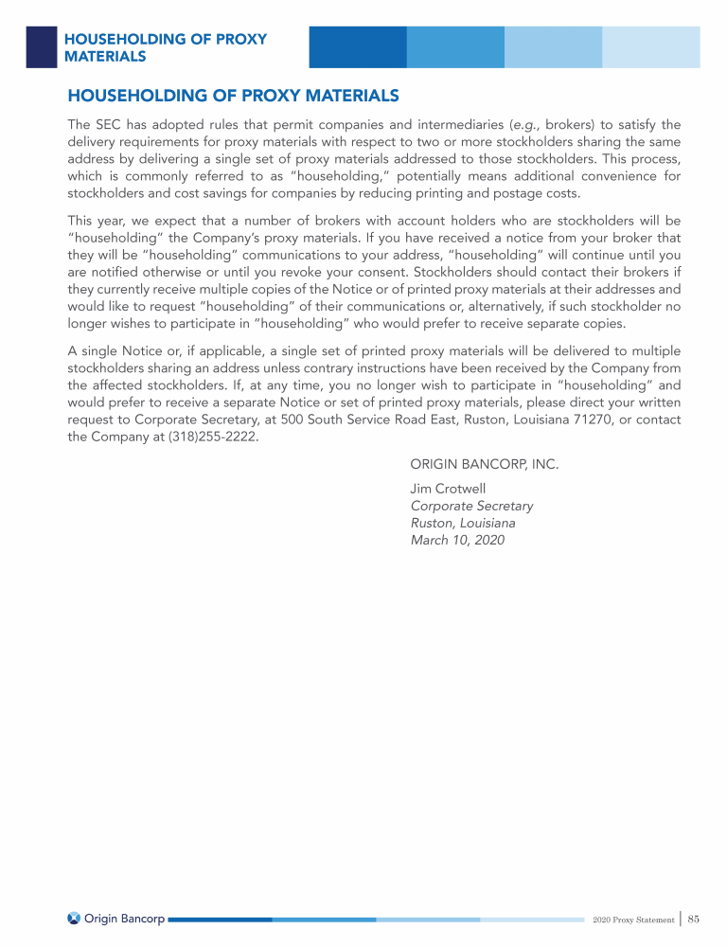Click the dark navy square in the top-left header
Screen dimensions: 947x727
tap(41, 46)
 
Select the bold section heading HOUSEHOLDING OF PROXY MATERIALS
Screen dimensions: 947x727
tap(233, 97)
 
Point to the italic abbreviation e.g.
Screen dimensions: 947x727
tap(524, 124)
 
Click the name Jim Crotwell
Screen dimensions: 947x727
tap(448, 489)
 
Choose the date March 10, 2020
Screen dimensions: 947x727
tap(457, 540)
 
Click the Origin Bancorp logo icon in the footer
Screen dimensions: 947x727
tap(74, 918)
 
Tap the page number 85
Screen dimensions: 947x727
tap(694, 918)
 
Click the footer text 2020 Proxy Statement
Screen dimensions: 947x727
tap(633, 919)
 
